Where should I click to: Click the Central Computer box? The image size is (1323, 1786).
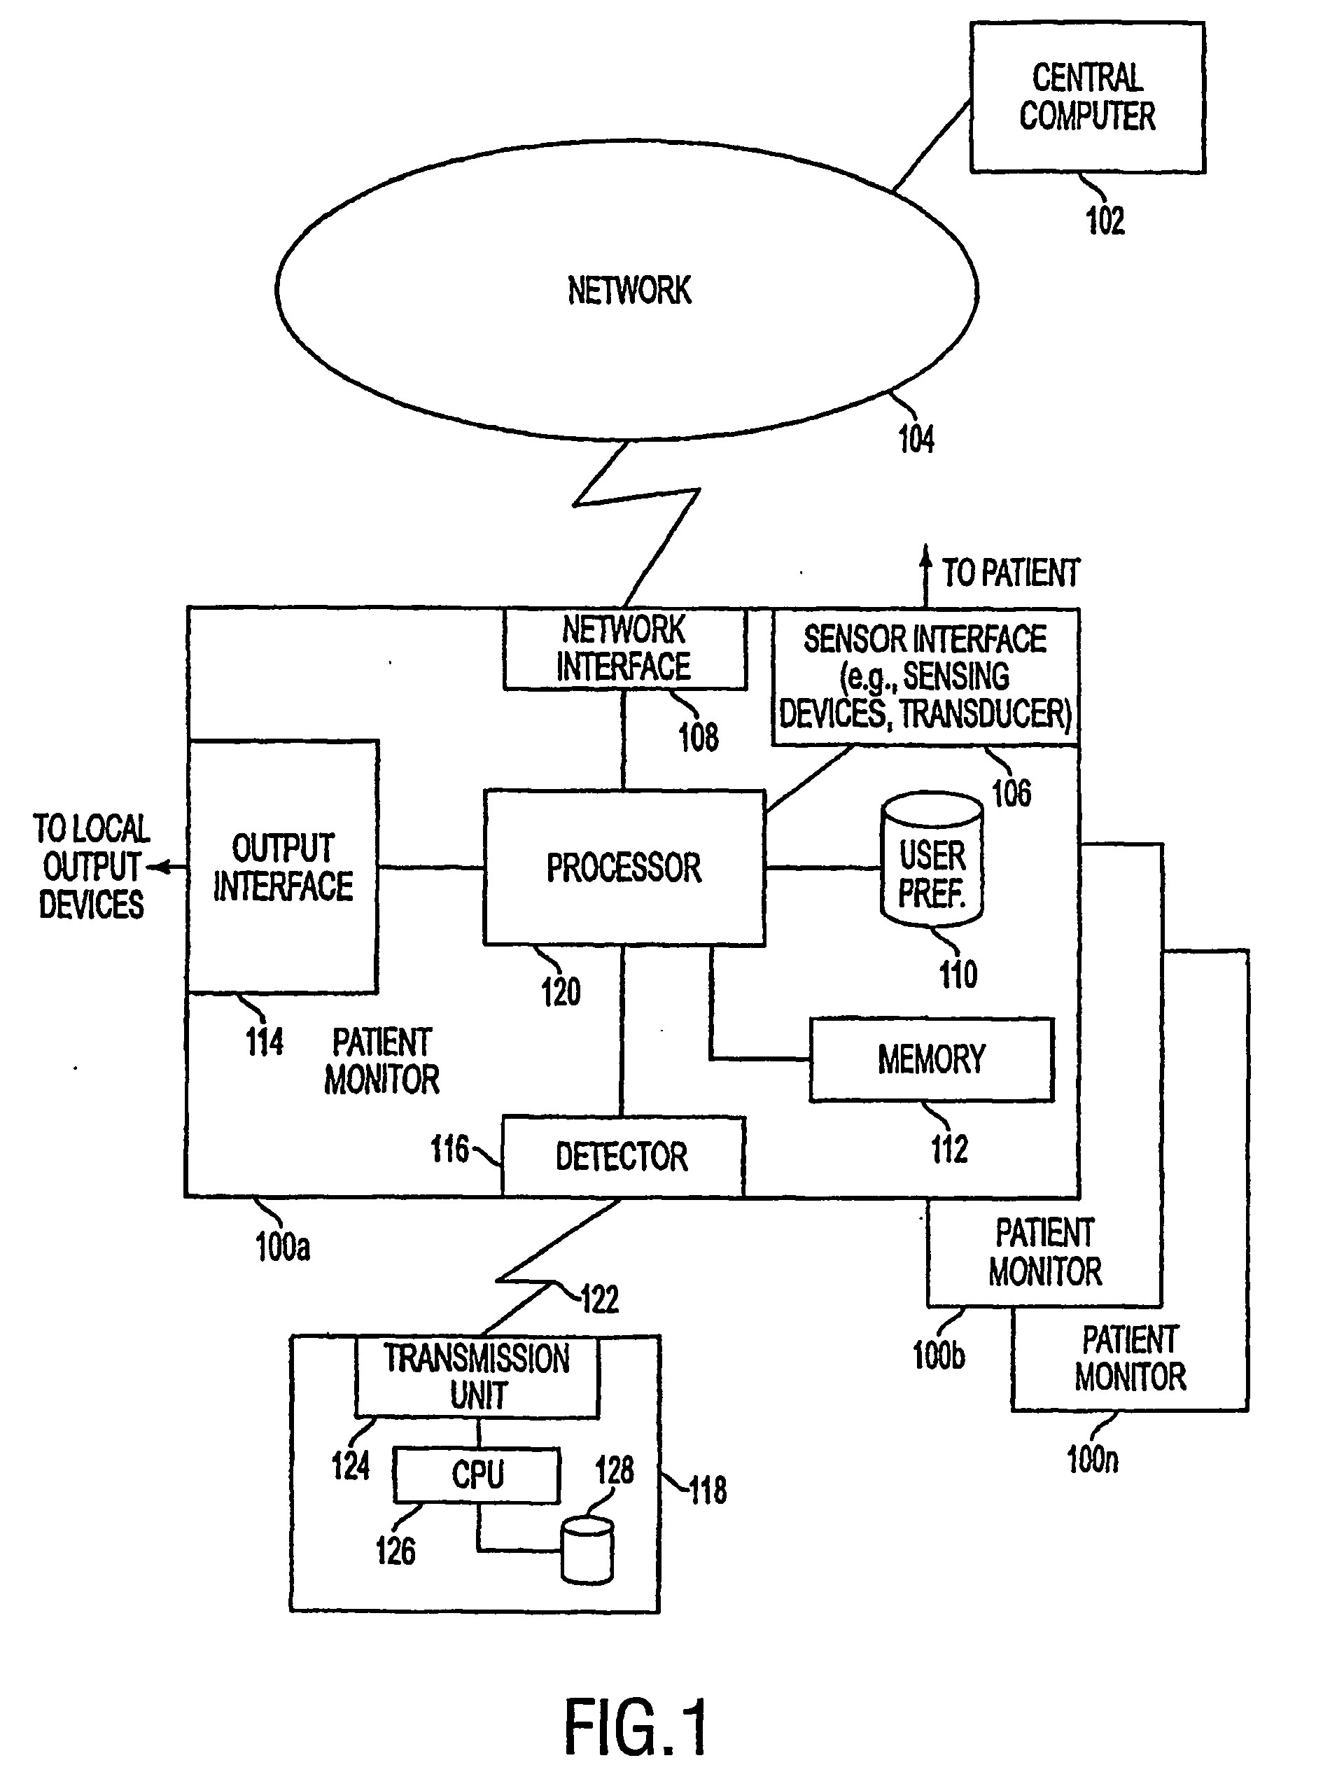pyautogui.click(x=1088, y=97)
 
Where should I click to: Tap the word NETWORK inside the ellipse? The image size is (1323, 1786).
pyautogui.click(x=629, y=290)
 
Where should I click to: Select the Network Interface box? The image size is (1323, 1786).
pyautogui.click(x=624, y=649)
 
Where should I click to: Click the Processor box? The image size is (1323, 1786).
pyautogui.click(x=624, y=867)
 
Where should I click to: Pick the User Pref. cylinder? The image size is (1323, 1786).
pyautogui.click(x=932, y=859)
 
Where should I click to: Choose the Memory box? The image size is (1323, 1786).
pyautogui.click(x=932, y=1059)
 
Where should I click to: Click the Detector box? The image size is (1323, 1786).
pyautogui.click(x=623, y=1157)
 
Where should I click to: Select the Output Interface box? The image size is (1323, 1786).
pyautogui.click(x=283, y=867)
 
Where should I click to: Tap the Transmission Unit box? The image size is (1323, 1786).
pyautogui.click(x=477, y=1376)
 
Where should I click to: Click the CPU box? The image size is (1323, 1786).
pyautogui.click(x=477, y=1475)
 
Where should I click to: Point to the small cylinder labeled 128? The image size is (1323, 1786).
pyautogui.click(x=588, y=1551)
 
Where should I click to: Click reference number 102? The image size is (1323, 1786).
pyautogui.click(x=1105, y=221)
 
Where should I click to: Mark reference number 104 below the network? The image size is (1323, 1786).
pyautogui.click(x=916, y=439)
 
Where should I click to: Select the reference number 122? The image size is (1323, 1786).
pyautogui.click(x=600, y=1299)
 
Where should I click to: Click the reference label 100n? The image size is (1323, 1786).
pyautogui.click(x=1093, y=1459)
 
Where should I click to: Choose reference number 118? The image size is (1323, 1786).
pyautogui.click(x=708, y=1491)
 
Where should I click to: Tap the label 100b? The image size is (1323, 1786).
pyautogui.click(x=939, y=1355)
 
